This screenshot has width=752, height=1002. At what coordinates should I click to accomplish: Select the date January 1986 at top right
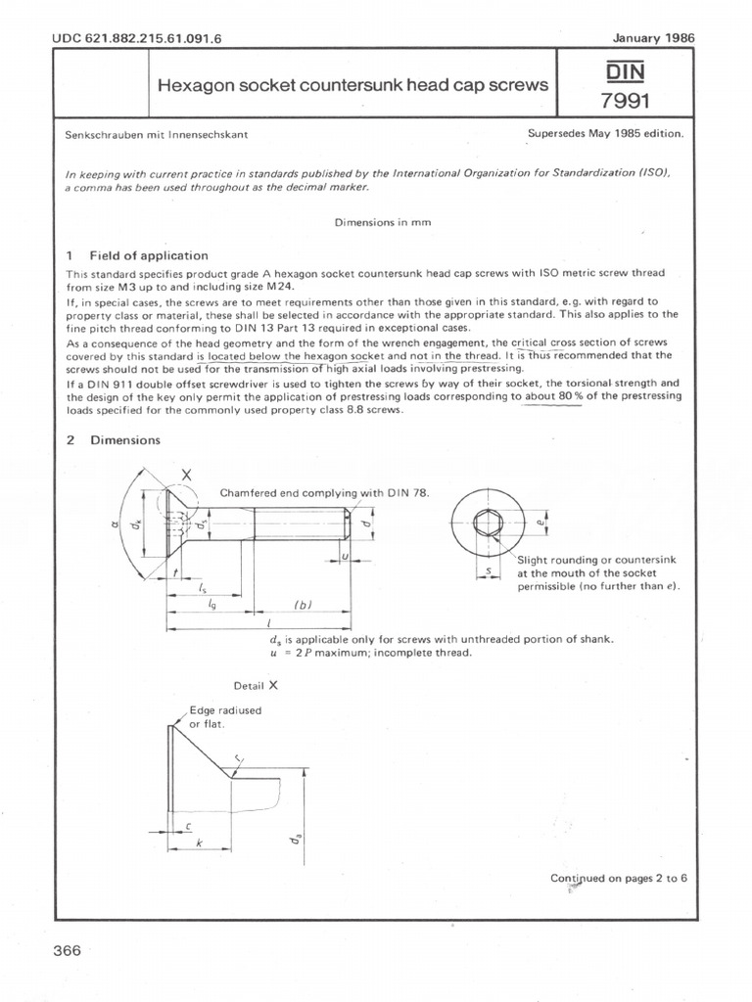pyautogui.click(x=653, y=38)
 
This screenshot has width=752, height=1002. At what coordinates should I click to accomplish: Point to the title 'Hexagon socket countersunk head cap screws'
pyautogui.click(x=352, y=85)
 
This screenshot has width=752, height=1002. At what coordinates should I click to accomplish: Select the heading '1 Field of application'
pyautogui.click(x=136, y=255)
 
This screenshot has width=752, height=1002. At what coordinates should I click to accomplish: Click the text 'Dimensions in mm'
pyautogui.click(x=383, y=222)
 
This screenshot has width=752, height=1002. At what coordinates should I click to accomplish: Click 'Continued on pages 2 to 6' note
pyautogui.click(x=619, y=878)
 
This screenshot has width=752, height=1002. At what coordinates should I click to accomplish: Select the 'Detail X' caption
pyautogui.click(x=257, y=686)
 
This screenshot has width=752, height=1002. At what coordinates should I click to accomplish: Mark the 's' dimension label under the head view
pyautogui.click(x=487, y=568)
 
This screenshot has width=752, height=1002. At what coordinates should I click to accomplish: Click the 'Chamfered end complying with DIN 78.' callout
pyautogui.click(x=324, y=492)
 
